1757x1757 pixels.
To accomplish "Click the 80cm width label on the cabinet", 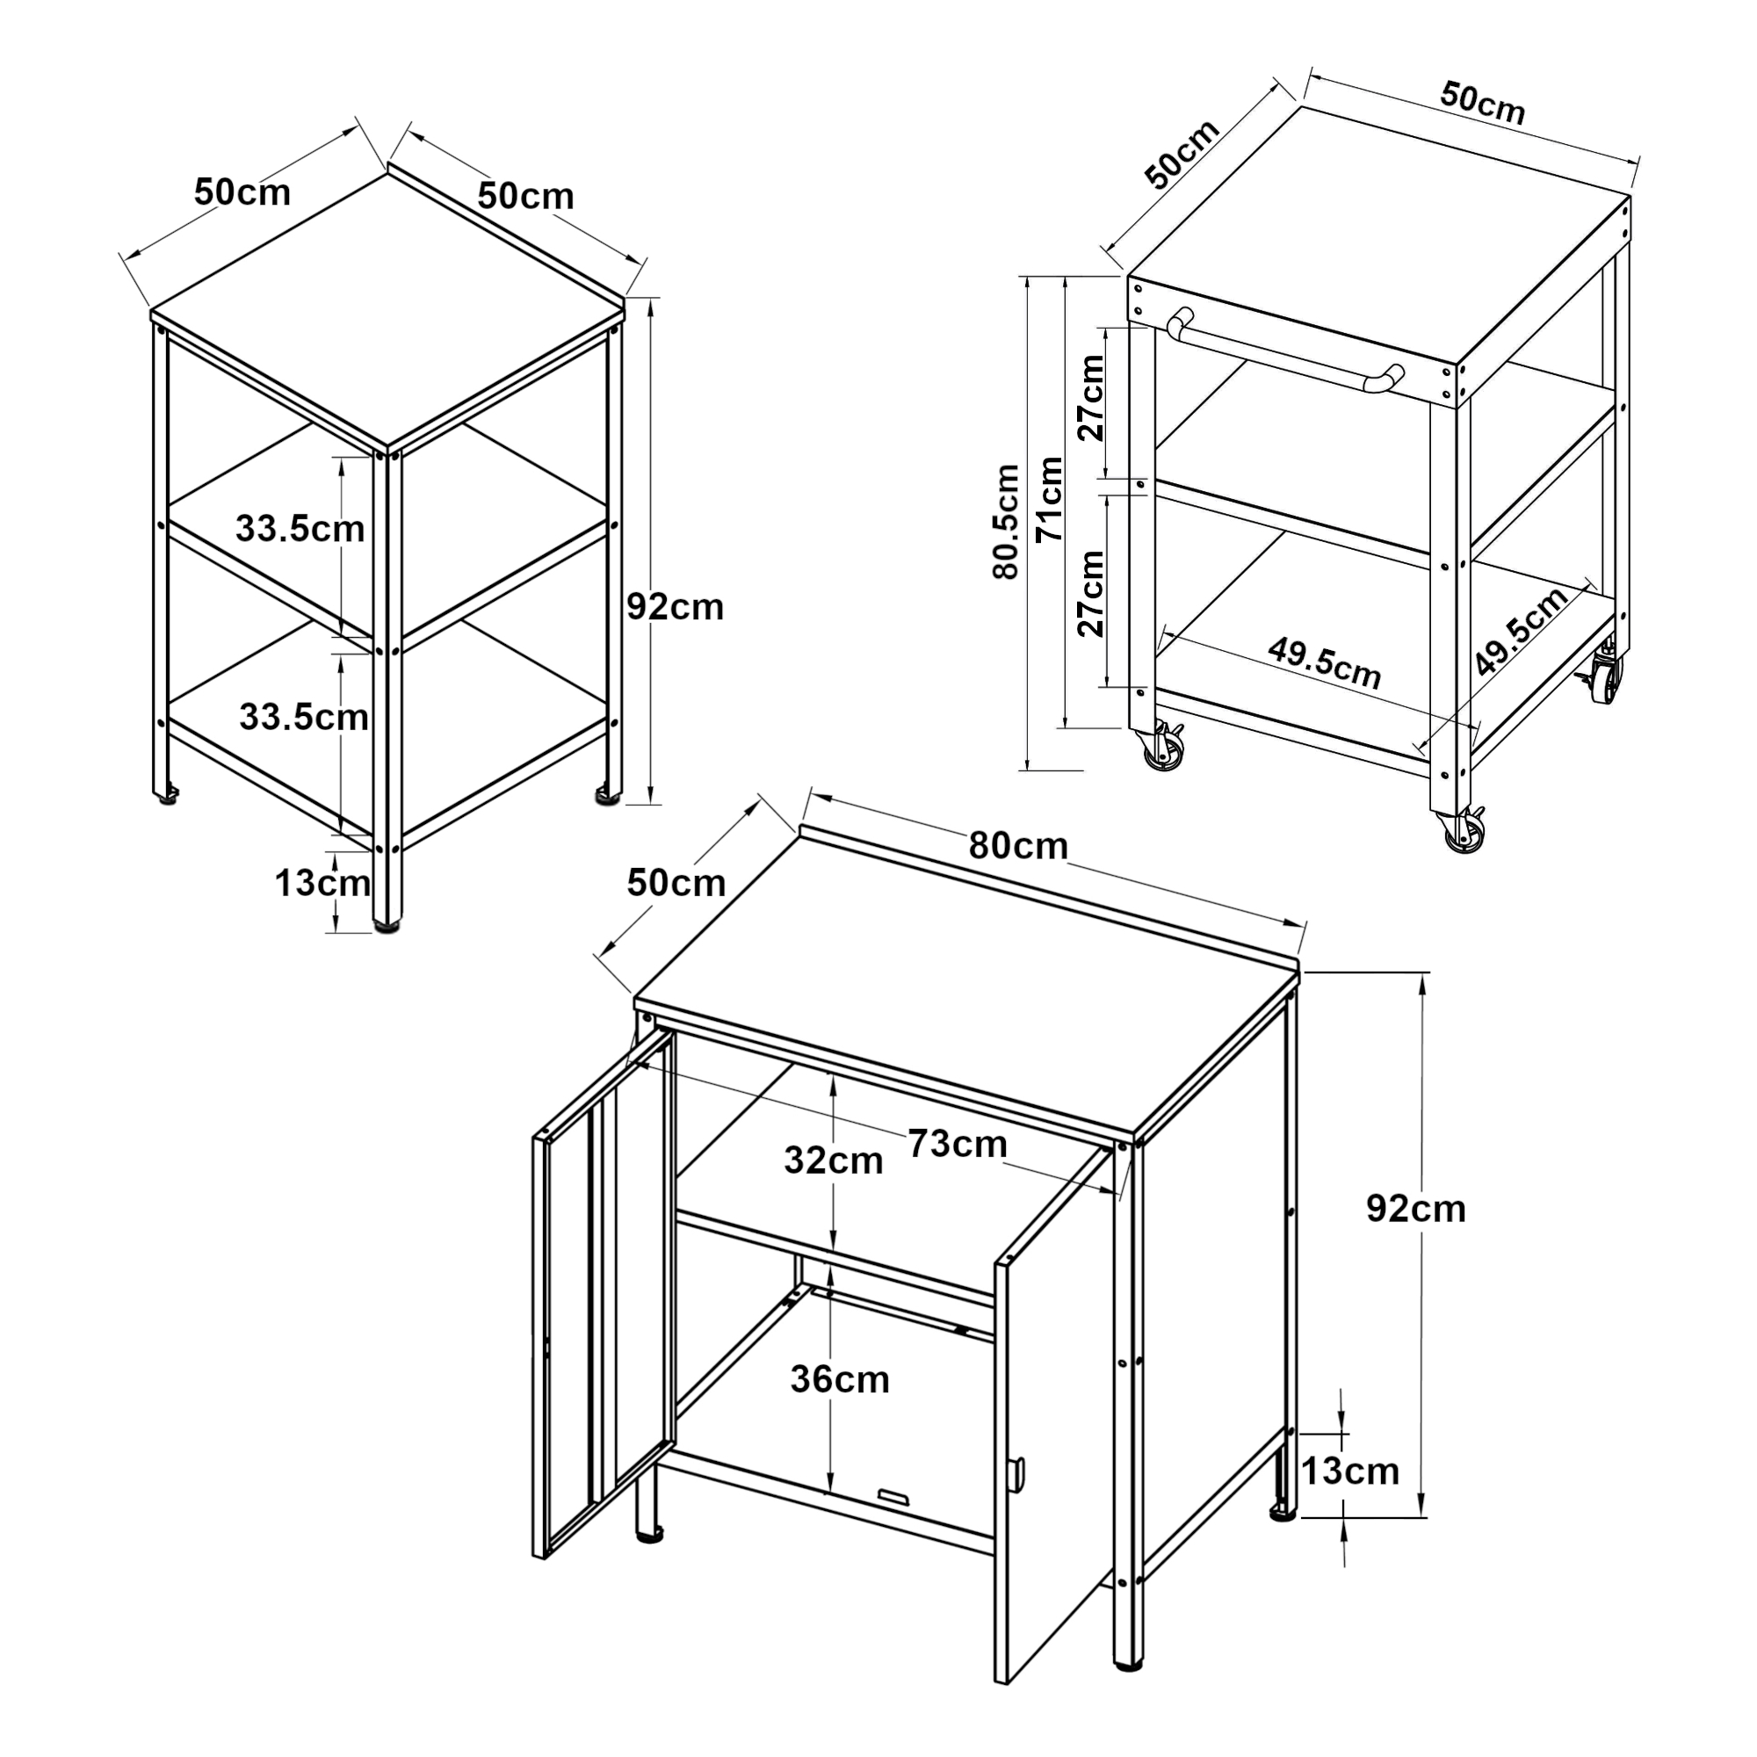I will tap(1017, 846).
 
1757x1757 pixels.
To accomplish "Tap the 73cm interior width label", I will tap(958, 1144).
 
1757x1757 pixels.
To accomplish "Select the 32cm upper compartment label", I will tap(833, 1160).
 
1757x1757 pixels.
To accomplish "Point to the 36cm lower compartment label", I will tap(838, 1379).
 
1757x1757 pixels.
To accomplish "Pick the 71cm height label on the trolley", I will tap(1051, 499).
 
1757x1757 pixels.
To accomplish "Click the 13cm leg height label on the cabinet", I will tap(1349, 1471).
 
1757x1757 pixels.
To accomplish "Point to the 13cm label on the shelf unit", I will tap(322, 882).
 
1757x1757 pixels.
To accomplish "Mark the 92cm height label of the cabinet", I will tap(1416, 1209).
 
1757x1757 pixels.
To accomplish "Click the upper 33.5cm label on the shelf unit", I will tap(300, 528).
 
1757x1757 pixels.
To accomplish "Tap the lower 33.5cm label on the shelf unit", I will tap(304, 718).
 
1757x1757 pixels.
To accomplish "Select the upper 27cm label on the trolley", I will tap(1090, 397).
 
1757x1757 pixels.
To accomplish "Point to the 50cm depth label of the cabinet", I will tap(676, 883).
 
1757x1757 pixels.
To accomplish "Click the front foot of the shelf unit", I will tap(387, 929).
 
